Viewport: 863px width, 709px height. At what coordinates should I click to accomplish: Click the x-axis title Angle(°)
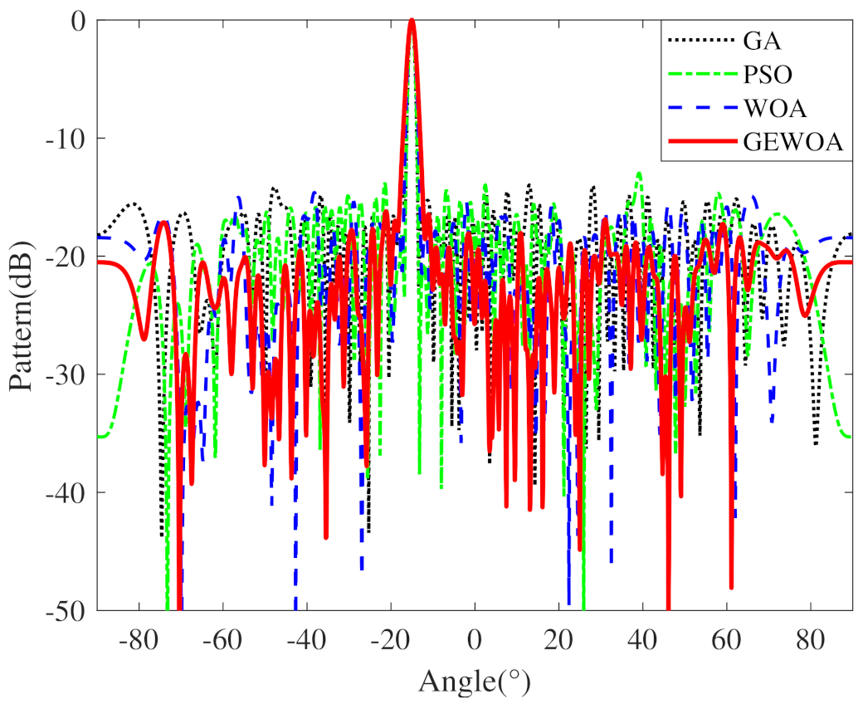[x=474, y=682]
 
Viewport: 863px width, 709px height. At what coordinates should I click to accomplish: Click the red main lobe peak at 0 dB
[x=411, y=21]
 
